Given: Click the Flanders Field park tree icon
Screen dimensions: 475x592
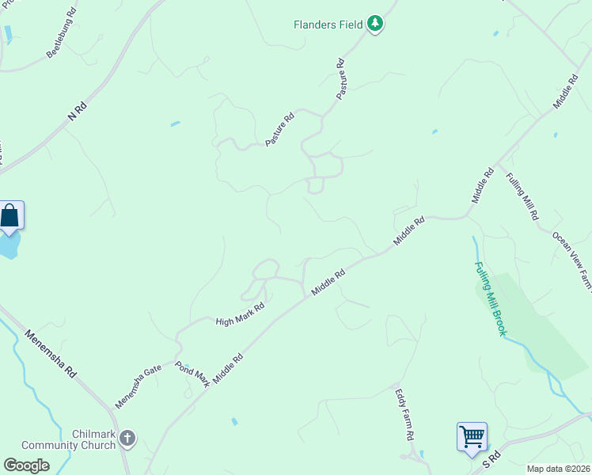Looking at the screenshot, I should point(375,25).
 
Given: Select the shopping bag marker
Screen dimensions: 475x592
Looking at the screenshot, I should point(10,215).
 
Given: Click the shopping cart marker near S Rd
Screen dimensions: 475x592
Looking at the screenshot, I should point(472,435).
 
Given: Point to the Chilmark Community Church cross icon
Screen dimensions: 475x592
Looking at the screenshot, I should point(128,438).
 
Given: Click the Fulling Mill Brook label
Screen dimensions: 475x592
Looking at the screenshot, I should point(490,298).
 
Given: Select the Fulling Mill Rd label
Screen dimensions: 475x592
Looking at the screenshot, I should point(522,196).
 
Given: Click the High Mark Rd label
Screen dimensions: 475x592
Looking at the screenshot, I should point(240,315).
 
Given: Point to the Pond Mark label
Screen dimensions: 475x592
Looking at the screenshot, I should point(192,374).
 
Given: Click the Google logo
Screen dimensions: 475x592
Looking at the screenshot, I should point(26,465).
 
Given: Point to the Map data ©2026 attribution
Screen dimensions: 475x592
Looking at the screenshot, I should point(559,469).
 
